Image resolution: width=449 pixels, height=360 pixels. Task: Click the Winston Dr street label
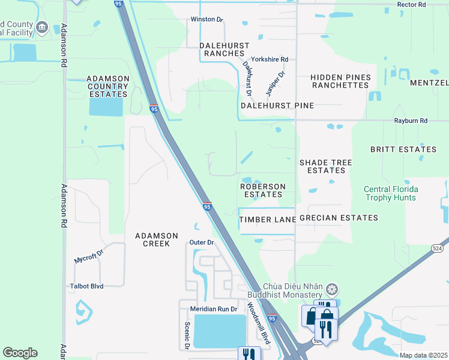pyautogui.click(x=206, y=19)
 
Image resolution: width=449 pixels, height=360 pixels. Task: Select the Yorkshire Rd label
pyautogui.click(x=270, y=59)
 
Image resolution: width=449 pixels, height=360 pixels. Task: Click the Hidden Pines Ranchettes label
pyautogui.click(x=340, y=82)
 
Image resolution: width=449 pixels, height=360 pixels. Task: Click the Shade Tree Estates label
pyautogui.click(x=325, y=166)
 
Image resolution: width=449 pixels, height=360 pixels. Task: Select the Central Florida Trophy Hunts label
pyautogui.click(x=391, y=194)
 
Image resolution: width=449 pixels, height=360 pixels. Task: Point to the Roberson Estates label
pyautogui.click(x=262, y=191)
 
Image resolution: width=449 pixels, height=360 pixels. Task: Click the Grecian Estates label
pyautogui.click(x=339, y=218)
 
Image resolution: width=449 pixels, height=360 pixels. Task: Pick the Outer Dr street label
pyautogui.click(x=202, y=242)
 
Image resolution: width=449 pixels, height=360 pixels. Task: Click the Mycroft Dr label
pyautogui.click(x=89, y=256)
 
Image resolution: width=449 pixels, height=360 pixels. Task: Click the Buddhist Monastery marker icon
pyautogui.click(x=331, y=291)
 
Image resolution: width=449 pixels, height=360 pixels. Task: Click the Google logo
pyautogui.click(x=20, y=353)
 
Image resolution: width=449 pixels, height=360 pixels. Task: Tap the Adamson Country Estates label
pyautogui.click(x=107, y=86)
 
